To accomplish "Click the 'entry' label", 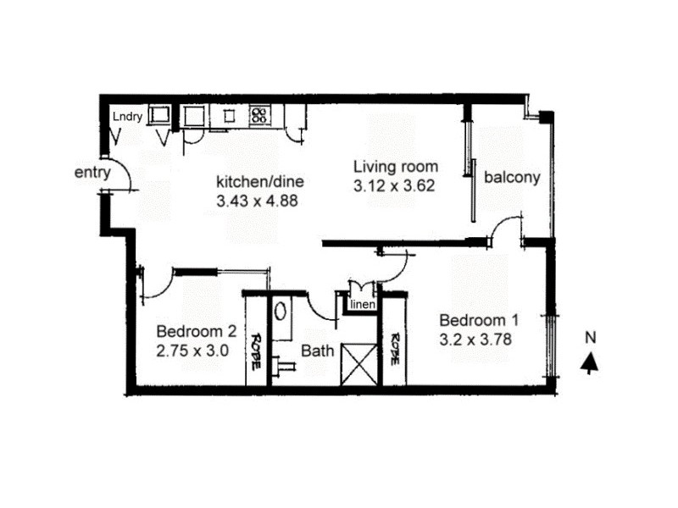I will pyautogui.click(x=92, y=173).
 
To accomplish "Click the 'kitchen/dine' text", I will pyautogui.click(x=260, y=181).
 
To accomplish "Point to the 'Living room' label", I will pyautogui.click(x=396, y=166).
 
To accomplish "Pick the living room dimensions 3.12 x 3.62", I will pyautogui.click(x=396, y=185).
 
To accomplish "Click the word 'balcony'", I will pyautogui.click(x=512, y=178).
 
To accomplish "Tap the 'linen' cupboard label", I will pyautogui.click(x=361, y=305).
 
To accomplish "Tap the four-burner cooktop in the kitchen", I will pyautogui.click(x=258, y=116).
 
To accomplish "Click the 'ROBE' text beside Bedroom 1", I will pyautogui.click(x=394, y=347).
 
